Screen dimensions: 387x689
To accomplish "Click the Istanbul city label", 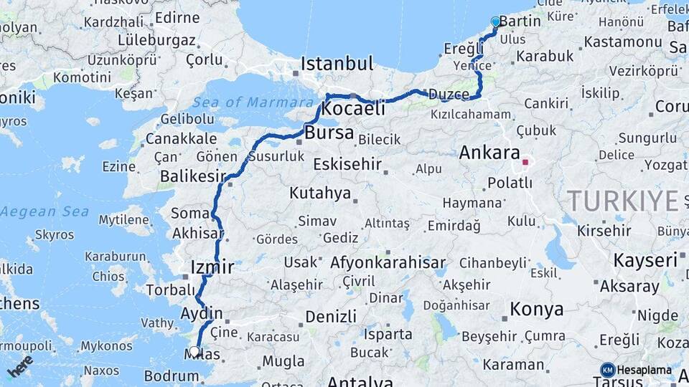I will click(x=337, y=64).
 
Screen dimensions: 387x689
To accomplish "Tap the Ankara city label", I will click(x=489, y=153).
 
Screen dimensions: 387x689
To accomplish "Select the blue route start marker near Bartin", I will click(x=495, y=21).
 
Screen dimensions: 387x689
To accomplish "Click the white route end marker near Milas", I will click(x=194, y=351).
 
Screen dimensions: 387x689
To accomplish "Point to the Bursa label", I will click(x=329, y=133).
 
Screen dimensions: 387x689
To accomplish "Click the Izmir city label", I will click(x=212, y=268).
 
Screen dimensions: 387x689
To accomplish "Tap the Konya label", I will click(x=536, y=310).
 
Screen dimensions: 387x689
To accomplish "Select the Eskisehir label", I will click(x=347, y=164).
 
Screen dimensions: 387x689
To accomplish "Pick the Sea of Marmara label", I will click(x=243, y=102).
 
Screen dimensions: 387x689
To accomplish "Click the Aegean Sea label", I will click(x=44, y=211).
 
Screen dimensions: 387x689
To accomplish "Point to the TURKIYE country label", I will click(x=622, y=201).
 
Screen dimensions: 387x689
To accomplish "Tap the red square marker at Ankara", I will click(x=525, y=162).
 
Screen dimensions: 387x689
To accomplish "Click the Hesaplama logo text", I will click(x=643, y=370).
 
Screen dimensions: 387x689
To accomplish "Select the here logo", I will click(x=20, y=365).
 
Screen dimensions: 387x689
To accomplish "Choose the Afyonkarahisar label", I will click(x=388, y=262).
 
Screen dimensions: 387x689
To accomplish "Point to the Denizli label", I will click(x=330, y=317).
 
